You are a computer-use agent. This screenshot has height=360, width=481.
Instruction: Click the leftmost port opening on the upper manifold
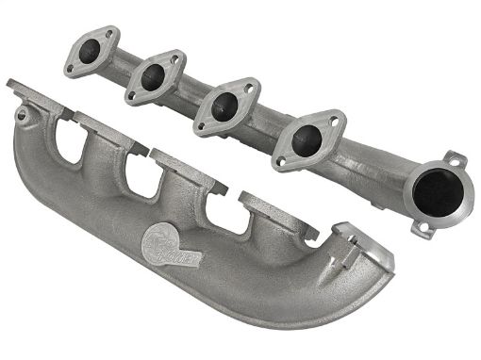[x=92, y=52]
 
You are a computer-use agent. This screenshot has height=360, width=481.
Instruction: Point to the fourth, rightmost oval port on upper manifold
[x=306, y=140]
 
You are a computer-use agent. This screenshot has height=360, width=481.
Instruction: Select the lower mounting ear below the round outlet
[x=423, y=226]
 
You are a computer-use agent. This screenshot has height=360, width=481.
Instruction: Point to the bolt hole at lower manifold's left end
[x=21, y=114]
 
